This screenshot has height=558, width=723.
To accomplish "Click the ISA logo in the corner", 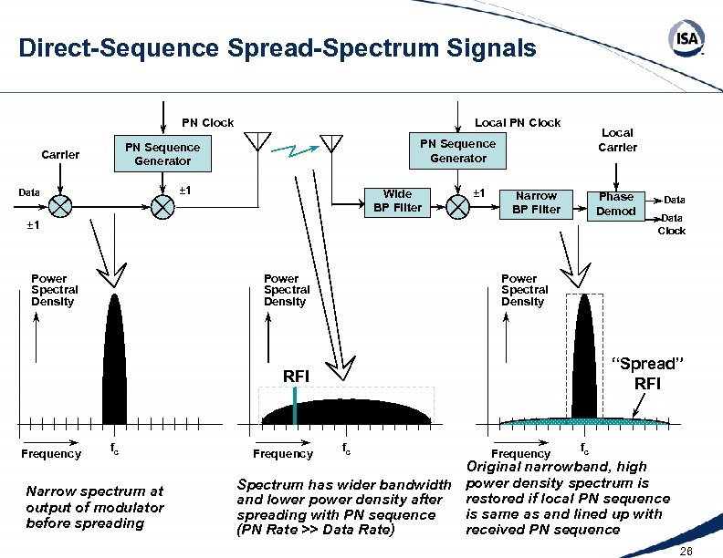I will click(x=686, y=39).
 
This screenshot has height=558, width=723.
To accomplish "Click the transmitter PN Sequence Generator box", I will click(x=162, y=154).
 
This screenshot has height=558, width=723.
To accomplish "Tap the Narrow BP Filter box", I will click(x=536, y=202).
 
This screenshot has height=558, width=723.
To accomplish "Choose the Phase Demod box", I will click(x=616, y=202).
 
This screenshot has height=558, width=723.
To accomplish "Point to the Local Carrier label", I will click(x=617, y=139).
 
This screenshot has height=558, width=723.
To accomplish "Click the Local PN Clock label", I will click(x=518, y=122).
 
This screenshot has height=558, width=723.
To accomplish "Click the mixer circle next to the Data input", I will click(x=61, y=206).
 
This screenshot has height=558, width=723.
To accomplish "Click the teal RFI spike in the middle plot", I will click(x=295, y=405).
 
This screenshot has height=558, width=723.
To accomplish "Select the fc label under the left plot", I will click(x=114, y=449).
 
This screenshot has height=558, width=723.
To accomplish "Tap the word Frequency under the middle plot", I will click(x=283, y=453).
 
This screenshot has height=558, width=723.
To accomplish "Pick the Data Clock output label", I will click(x=671, y=224).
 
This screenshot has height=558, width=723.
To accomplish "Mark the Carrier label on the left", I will click(x=60, y=154).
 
